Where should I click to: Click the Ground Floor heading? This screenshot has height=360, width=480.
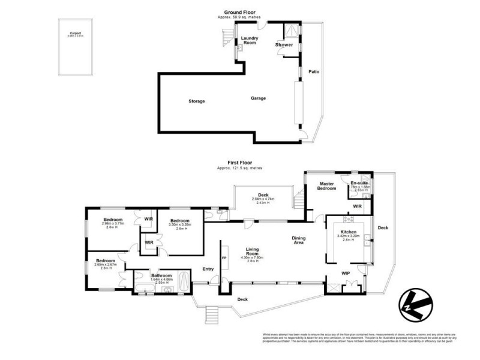point(240,12)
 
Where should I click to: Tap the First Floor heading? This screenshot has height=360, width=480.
point(240,162)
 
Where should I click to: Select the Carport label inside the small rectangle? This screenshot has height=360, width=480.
point(75,34)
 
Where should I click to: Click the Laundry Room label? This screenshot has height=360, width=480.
point(250,40)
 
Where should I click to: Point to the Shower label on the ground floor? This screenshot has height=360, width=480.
point(284,45)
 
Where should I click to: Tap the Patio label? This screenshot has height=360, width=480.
point(314,72)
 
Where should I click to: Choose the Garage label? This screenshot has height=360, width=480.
point(258,98)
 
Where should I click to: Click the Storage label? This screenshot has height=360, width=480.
point(196,101)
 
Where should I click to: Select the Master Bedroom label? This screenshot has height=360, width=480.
point(327,186)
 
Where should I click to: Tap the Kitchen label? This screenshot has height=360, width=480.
point(349,232)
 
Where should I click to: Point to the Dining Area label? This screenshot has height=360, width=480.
point(298,240)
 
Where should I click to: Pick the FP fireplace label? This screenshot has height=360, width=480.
point(224,258)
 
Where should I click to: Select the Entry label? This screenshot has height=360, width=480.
point(208,269)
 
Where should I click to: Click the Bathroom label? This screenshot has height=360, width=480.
point(161,276)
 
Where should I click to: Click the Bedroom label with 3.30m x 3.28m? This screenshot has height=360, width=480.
point(179,220)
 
